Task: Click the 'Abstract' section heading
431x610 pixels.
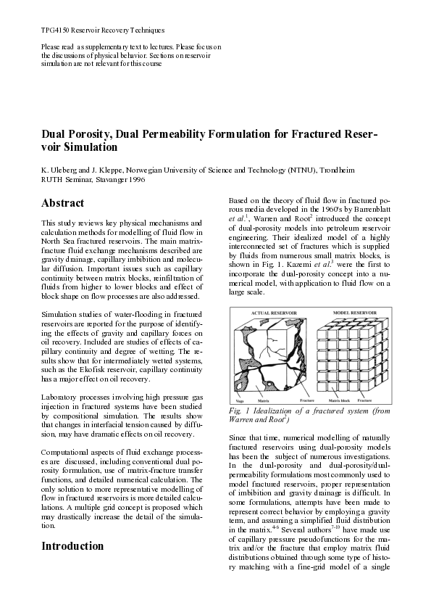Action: click(63, 203)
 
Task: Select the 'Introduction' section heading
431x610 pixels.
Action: click(72, 545)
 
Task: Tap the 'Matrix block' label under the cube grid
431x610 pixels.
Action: click(340, 400)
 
